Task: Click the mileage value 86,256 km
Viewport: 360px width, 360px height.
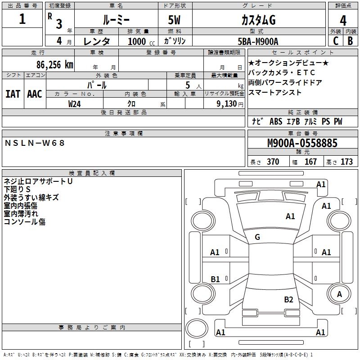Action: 54,64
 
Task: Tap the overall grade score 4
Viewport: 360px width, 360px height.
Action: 343,21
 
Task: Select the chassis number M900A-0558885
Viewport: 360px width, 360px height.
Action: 302,143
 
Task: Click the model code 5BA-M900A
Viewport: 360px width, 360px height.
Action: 258,41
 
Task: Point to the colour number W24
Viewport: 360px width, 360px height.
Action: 74,104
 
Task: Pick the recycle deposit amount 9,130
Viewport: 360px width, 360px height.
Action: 226,104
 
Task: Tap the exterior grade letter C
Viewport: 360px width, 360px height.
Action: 335,41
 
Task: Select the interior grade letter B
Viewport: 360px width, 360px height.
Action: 350,41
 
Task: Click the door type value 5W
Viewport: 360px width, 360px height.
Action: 174,20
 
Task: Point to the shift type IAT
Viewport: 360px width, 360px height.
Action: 13,94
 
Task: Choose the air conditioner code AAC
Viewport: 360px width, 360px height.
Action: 35,94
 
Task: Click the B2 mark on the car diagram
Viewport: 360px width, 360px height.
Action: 288,300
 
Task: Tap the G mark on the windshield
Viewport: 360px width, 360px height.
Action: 257,237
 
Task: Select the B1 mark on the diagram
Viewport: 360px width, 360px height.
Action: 215,279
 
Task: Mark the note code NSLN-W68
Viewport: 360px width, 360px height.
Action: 35,143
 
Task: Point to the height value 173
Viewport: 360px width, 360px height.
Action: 346,162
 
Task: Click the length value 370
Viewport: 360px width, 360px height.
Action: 273,162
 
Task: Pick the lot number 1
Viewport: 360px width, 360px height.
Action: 22,19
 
